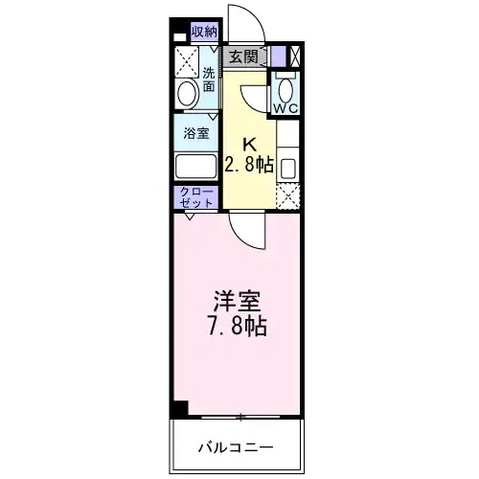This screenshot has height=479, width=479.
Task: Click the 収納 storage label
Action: (x=204, y=33)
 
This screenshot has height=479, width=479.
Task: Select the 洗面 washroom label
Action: (x=210, y=79)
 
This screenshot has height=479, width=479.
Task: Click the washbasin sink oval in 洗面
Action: (x=188, y=93)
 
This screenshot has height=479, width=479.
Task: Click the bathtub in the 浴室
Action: (x=196, y=166)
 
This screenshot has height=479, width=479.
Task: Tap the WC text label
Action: (x=285, y=108)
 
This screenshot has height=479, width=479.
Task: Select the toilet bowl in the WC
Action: (x=285, y=90)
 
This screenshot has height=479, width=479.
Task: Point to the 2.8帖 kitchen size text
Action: (x=248, y=164)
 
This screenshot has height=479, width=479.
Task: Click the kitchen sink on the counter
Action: (x=286, y=167)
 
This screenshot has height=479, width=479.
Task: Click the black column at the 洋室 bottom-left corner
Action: (x=180, y=408)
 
